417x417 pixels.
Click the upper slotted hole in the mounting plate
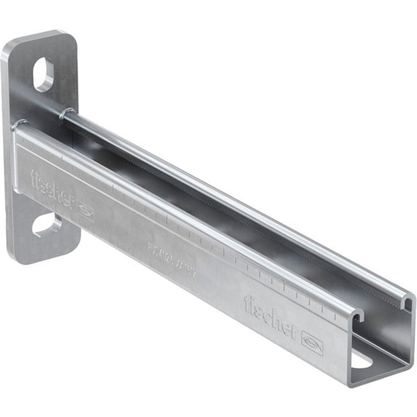click(43, 75)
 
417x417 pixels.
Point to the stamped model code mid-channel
click(171, 260)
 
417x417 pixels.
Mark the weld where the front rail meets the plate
click(21, 125)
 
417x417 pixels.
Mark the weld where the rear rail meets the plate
click(66, 112)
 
